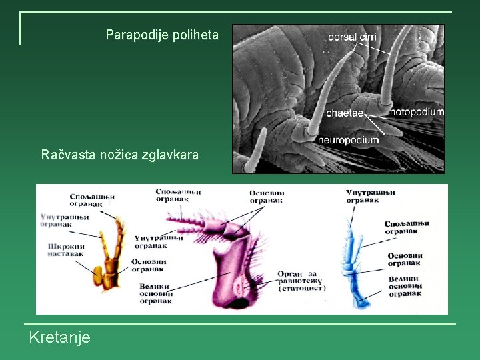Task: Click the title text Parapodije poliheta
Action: click(162, 35)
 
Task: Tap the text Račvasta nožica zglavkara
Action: click(120, 155)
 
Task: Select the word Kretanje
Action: click(59, 338)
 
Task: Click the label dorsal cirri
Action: click(352, 37)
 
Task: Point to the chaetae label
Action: click(344, 113)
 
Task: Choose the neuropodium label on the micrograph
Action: click(348, 139)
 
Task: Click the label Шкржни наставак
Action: click(66, 250)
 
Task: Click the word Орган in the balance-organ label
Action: click(291, 274)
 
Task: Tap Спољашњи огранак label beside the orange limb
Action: click(92, 200)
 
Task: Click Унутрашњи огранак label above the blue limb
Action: click(371, 196)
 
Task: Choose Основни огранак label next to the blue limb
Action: click(405, 259)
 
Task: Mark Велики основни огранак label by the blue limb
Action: click(403, 286)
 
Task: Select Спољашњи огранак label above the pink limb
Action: click(178, 195)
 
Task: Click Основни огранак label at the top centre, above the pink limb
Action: click(267, 197)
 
